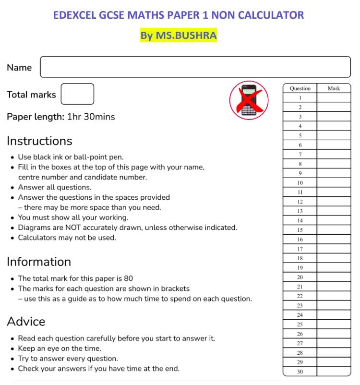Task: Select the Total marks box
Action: tap(77, 94)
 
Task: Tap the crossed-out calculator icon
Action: tap(249, 100)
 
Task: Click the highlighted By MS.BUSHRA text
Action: tap(179, 36)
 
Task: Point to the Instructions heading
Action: tap(39, 141)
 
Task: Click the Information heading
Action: tap(39, 262)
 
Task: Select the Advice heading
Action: tap(26, 321)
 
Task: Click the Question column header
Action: tap(300, 88)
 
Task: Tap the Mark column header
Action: tap(334, 88)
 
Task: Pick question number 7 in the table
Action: tap(300, 155)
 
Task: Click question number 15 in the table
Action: tap(300, 230)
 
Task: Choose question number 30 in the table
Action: tap(300, 372)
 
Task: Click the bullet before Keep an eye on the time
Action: tap(12, 349)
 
